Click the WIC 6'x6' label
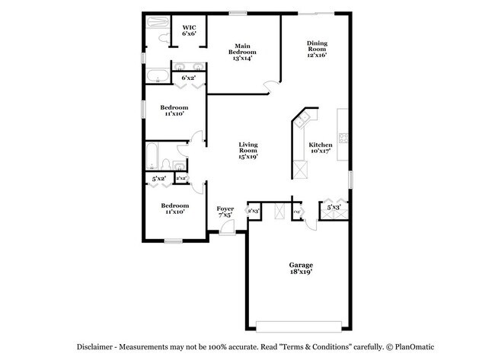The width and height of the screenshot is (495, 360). tap(189, 30)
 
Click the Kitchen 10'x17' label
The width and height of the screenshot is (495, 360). tap(321, 148)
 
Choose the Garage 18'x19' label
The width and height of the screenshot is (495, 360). tap(301, 267)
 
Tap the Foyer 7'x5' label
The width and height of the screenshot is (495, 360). tap(225, 211)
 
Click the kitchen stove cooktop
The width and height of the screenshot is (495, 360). tap(343, 139)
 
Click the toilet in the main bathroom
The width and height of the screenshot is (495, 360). tap(163, 36)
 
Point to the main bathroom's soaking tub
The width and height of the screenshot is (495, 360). tap(158, 75)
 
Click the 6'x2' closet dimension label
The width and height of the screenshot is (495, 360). tap(187, 77)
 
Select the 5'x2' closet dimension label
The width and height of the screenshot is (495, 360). tap(158, 179)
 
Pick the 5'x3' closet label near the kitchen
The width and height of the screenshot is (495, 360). tap(334, 206)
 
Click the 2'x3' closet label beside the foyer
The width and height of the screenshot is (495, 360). tap(254, 210)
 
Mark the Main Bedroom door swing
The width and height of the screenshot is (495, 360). tap(268, 86)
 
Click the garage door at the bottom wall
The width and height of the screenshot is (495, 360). tap(298, 327)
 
